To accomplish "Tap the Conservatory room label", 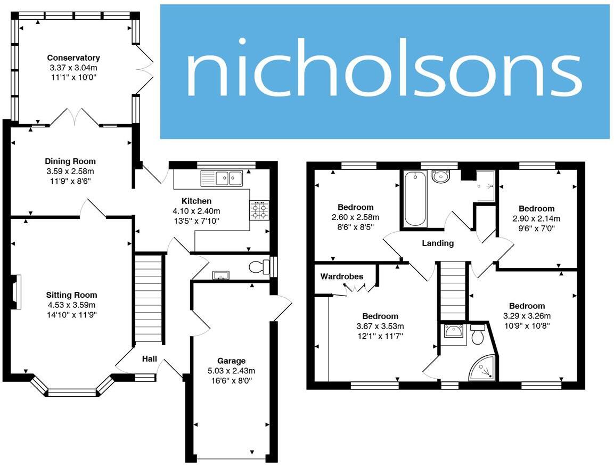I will (73, 58).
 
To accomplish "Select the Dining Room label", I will (70, 161).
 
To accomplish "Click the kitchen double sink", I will (222, 178).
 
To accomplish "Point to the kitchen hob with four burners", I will (260, 210).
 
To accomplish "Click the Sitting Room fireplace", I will (17, 292).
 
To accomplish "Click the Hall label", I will (149, 360).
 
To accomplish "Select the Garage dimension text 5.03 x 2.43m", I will (231, 371).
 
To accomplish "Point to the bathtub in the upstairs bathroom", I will (415, 199).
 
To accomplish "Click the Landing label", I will (438, 243).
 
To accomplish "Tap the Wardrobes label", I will (342, 276).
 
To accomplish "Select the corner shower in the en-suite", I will (482, 369).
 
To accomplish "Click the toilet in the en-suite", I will (477, 334).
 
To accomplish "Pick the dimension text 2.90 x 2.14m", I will (536, 218).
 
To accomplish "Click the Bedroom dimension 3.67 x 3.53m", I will (380, 326).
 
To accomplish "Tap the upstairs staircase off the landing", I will (453, 290).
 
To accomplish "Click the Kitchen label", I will (197, 201).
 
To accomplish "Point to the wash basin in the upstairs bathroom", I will (440, 176).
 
